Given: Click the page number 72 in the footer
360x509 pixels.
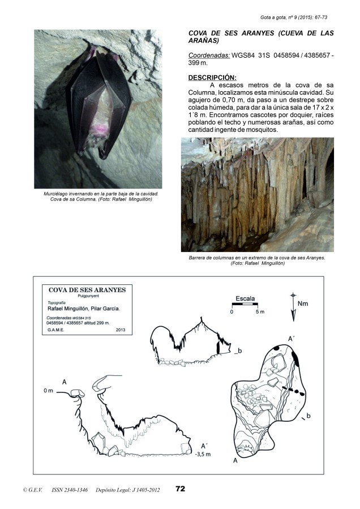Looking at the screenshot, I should (181, 489).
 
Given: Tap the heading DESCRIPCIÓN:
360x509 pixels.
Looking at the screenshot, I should (212, 78).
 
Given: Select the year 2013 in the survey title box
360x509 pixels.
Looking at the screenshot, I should (121, 329).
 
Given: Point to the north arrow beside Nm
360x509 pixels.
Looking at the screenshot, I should (293, 306).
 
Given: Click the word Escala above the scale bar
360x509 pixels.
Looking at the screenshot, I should (245, 298).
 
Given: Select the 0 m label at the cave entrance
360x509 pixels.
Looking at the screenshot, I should (48, 391).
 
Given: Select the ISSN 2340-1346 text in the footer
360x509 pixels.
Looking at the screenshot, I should (69, 489).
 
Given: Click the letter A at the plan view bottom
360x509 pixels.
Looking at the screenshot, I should (234, 461).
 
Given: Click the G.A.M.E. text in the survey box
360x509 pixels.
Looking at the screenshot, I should (55, 329).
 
